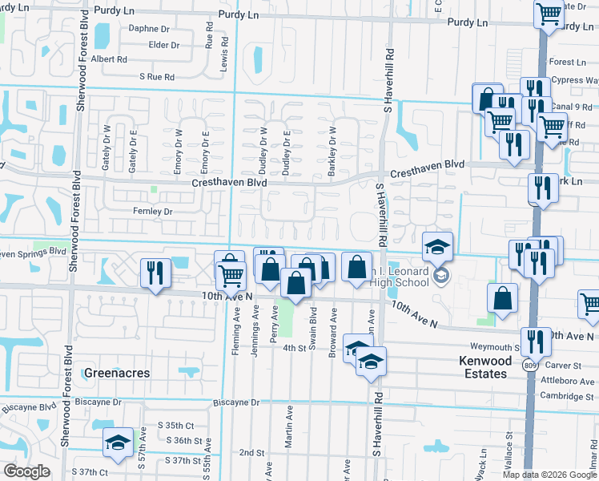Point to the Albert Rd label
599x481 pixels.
pos(109,59)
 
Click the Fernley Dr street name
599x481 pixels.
pos(152,212)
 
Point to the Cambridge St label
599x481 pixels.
pos(559,396)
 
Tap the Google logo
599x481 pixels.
pos(26,471)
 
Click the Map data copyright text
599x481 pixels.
pos(549,475)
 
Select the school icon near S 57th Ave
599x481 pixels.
pos(118,443)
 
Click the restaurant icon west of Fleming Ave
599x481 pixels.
pos(154,272)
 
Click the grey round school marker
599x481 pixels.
pos(440,277)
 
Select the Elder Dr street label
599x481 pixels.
pos(163,45)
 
